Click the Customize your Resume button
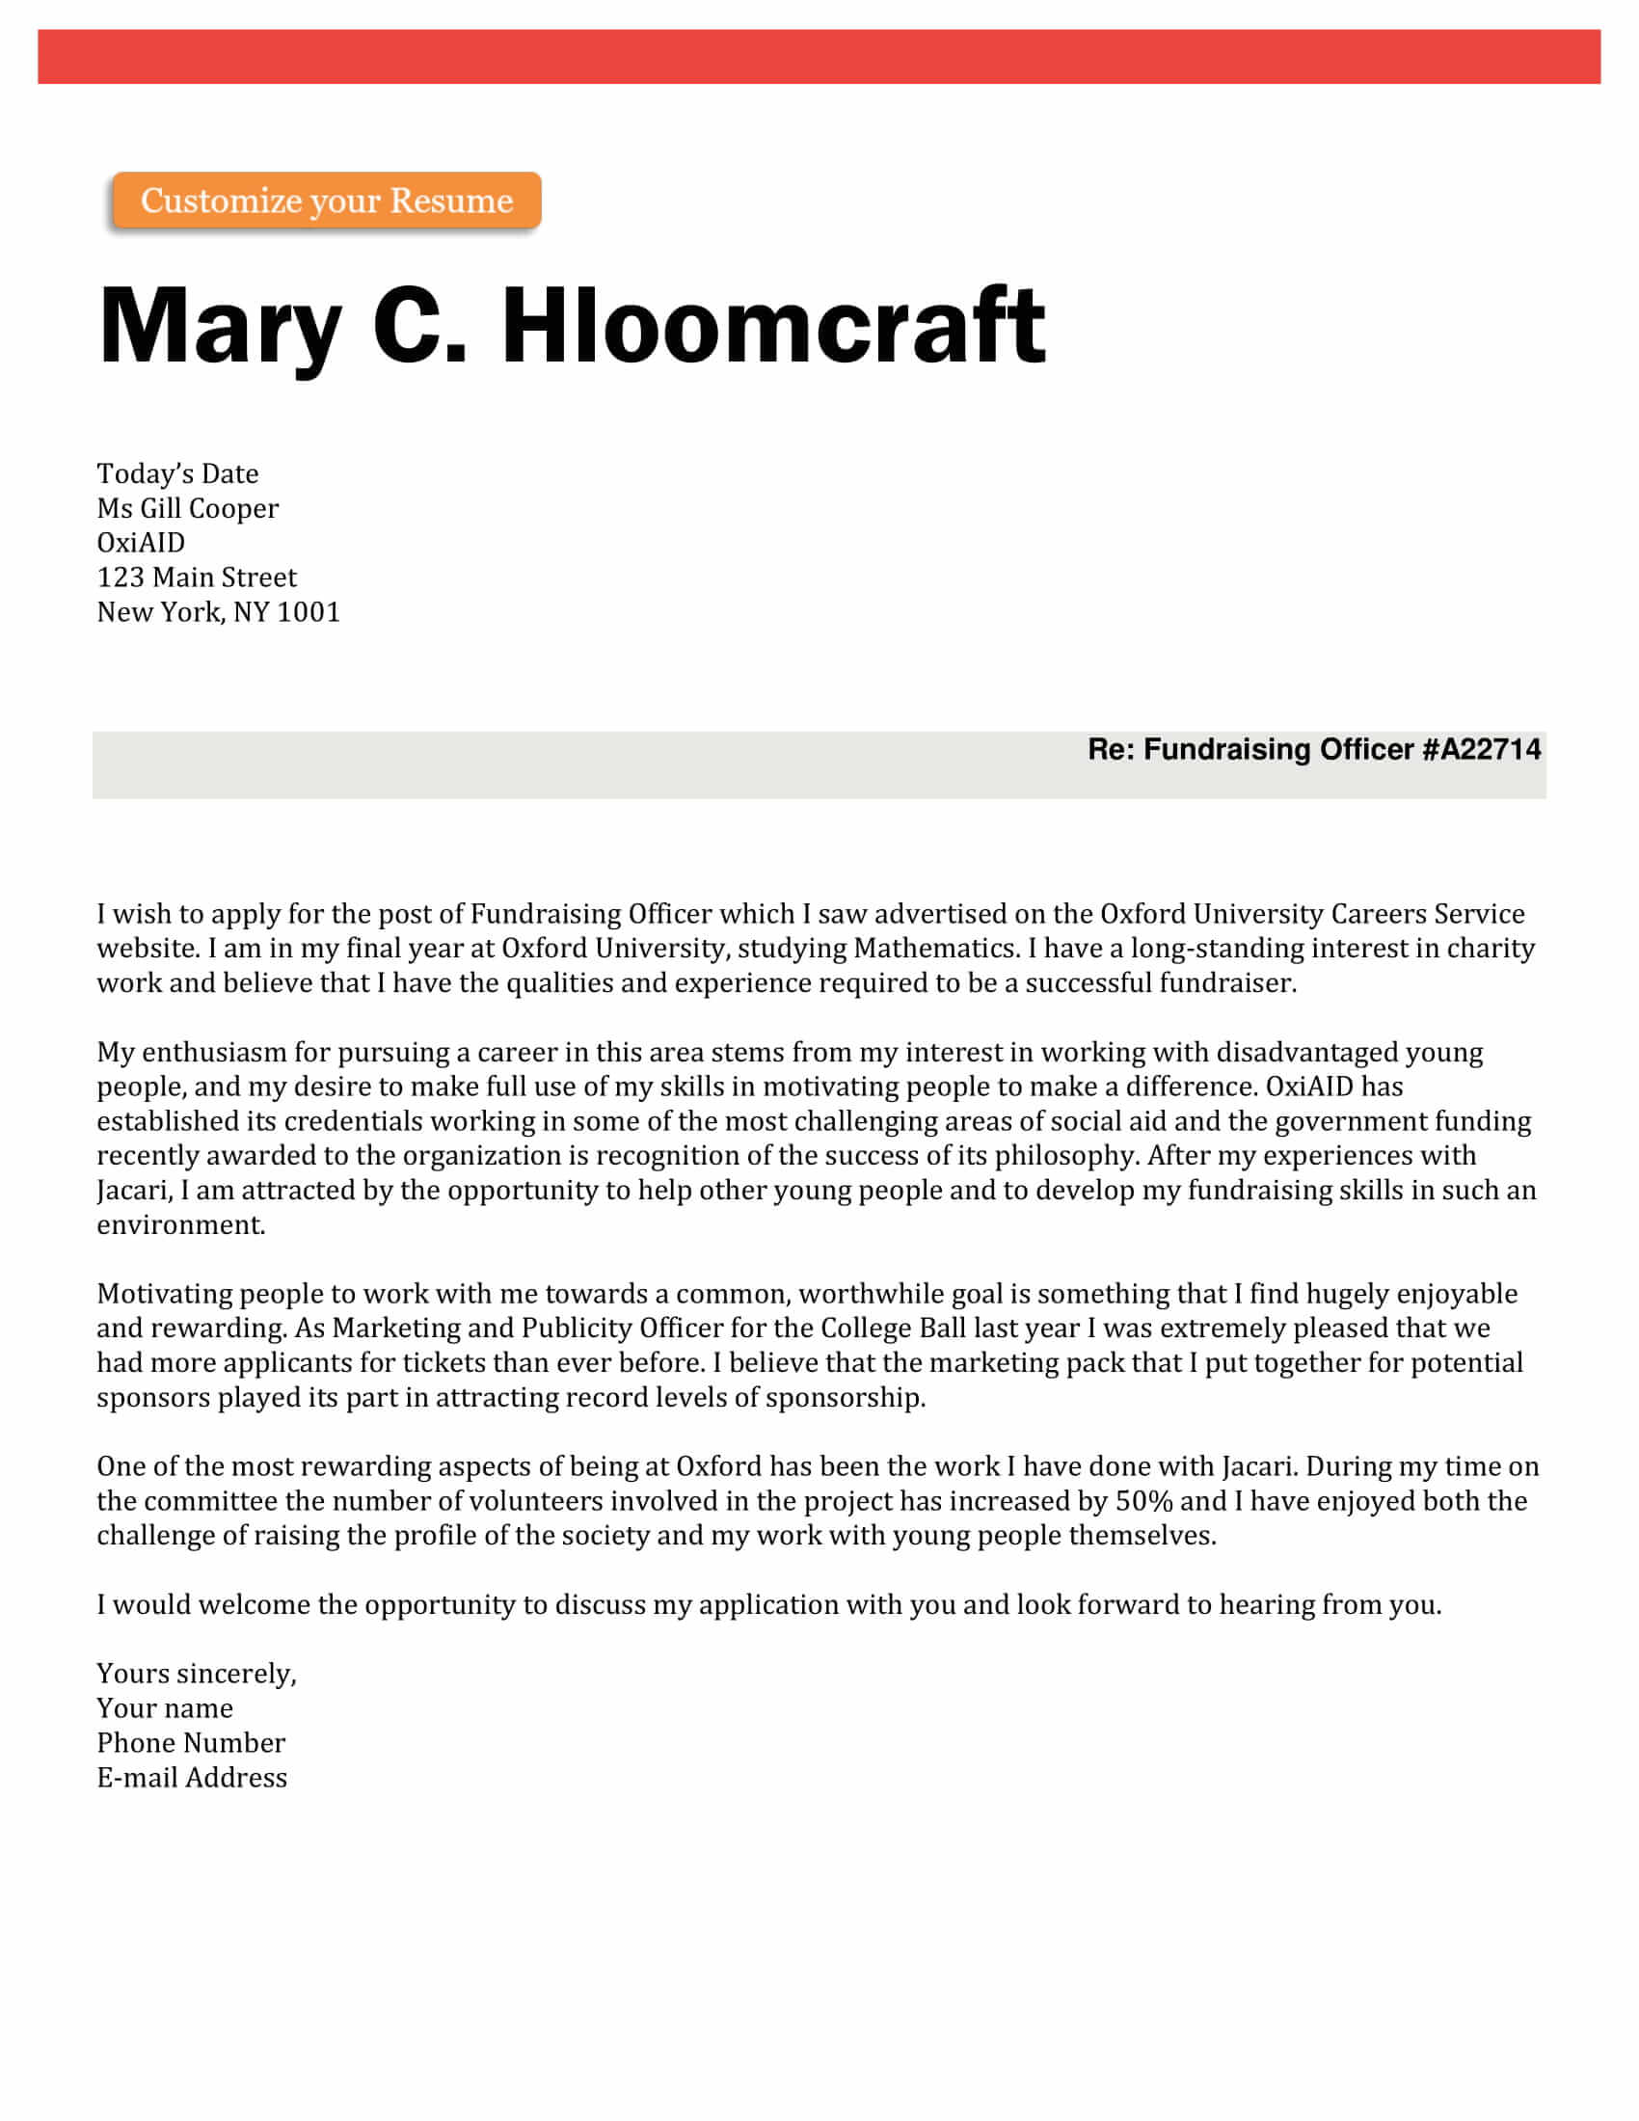point(326,201)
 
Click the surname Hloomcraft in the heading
point(773,326)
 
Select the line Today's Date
point(177,474)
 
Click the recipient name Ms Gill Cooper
point(187,509)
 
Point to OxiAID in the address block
point(141,543)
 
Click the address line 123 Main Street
point(196,577)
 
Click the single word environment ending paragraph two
point(180,1225)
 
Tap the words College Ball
point(894,1329)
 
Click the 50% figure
point(1143,1501)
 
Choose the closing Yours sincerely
point(196,1675)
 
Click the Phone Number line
point(191,1743)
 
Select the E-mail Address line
point(192,1778)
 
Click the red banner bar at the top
point(819,56)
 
